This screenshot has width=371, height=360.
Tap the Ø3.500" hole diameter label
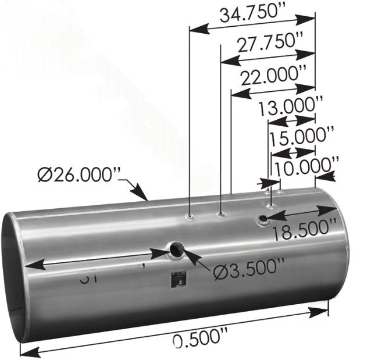point(248,270)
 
